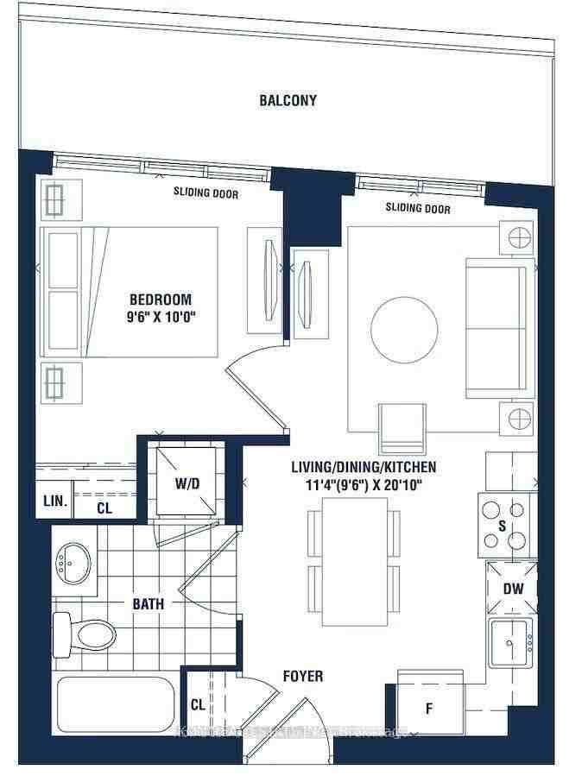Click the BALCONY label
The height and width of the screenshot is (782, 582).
(288, 100)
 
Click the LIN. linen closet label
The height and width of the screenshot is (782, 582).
(51, 501)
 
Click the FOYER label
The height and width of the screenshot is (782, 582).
(303, 676)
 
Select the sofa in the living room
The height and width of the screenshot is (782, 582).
(496, 328)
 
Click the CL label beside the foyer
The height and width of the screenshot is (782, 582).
(198, 704)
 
